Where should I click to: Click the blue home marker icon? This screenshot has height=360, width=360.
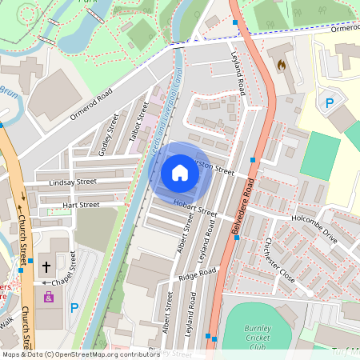[x=180, y=173]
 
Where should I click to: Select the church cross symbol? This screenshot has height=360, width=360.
[x=46, y=266]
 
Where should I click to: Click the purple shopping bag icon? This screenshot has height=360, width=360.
[x=48, y=297]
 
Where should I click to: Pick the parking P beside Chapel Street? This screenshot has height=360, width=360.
[x=74, y=307]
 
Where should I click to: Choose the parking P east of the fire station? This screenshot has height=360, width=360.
[x=328, y=102]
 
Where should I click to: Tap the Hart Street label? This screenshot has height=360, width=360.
[x=80, y=206]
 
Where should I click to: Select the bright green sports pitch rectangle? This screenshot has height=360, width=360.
[x=319, y=154]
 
